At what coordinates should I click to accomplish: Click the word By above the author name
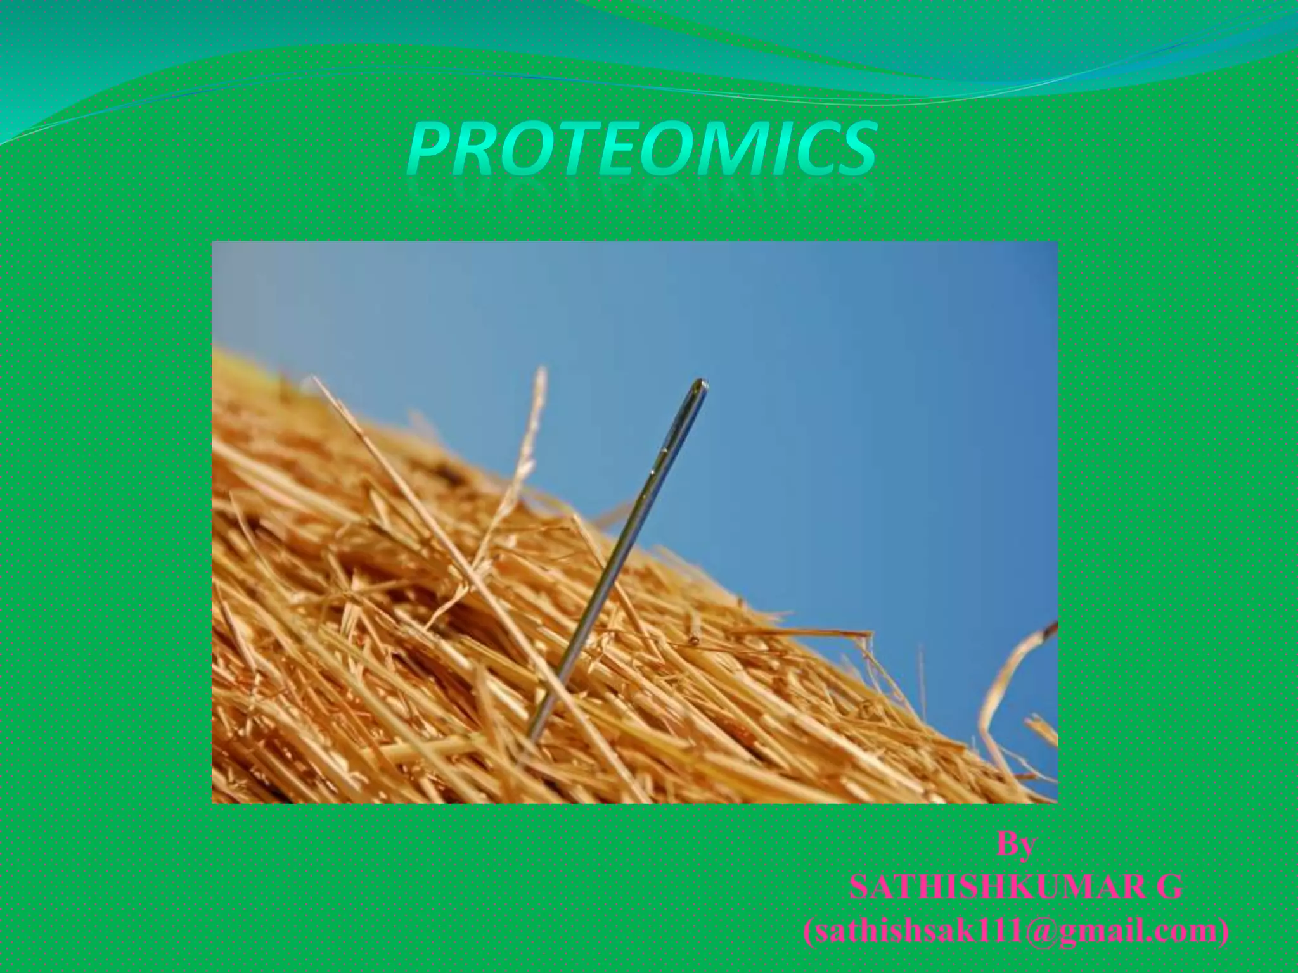[1016, 844]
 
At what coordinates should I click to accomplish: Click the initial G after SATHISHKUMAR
[1169, 887]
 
